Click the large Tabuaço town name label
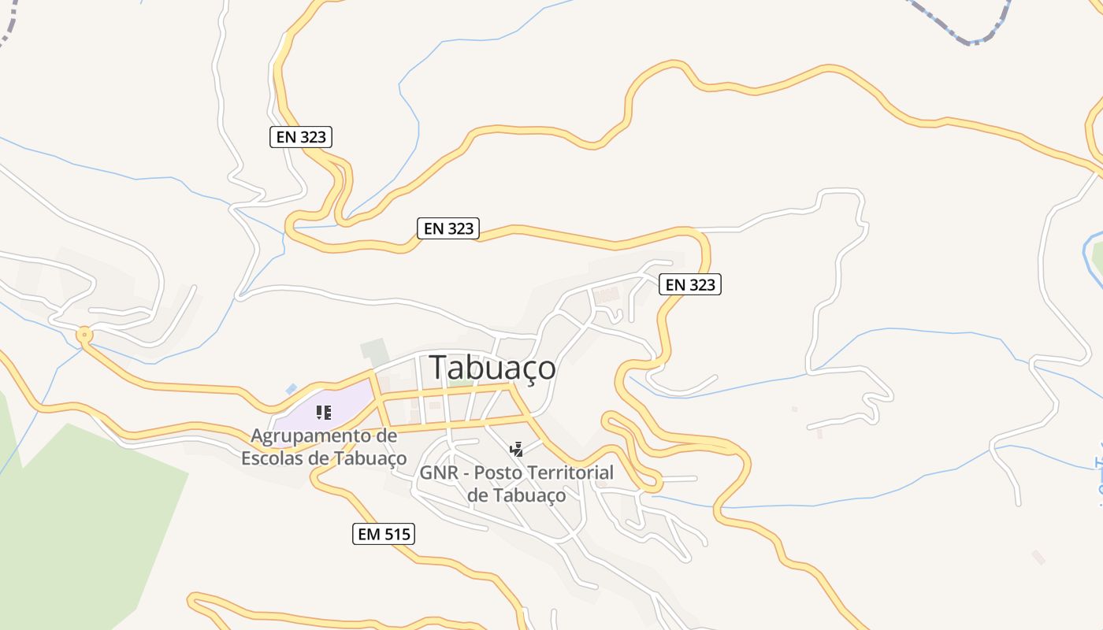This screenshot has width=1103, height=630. coord(492,368)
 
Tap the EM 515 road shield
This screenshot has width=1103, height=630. coord(383,534)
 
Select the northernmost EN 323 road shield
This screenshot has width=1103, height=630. coord(301,136)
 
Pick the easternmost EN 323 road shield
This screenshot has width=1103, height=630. coord(690,284)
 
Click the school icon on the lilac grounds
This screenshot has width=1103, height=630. coord(323,412)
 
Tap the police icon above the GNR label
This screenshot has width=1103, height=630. coord(516,450)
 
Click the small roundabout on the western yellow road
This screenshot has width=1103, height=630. coord(84,335)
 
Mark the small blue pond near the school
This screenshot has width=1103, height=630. coord(292,389)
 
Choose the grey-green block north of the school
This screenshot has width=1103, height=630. coord(374,351)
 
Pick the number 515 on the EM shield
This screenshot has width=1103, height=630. coord(396,534)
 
